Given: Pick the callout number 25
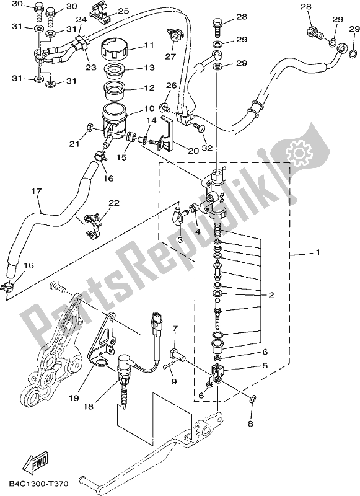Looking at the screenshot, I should click(123, 11).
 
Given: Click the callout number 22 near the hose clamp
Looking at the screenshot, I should click(113, 203).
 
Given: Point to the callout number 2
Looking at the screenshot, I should click(270, 296).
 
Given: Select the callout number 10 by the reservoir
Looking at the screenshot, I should click(149, 108).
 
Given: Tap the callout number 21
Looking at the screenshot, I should click(75, 144).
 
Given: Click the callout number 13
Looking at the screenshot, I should click(149, 68).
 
